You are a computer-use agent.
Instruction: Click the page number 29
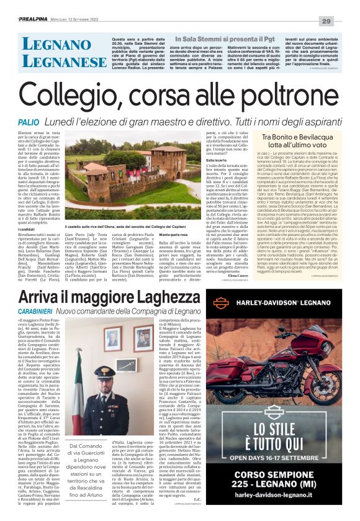343,21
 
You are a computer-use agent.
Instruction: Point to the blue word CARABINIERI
37,307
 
